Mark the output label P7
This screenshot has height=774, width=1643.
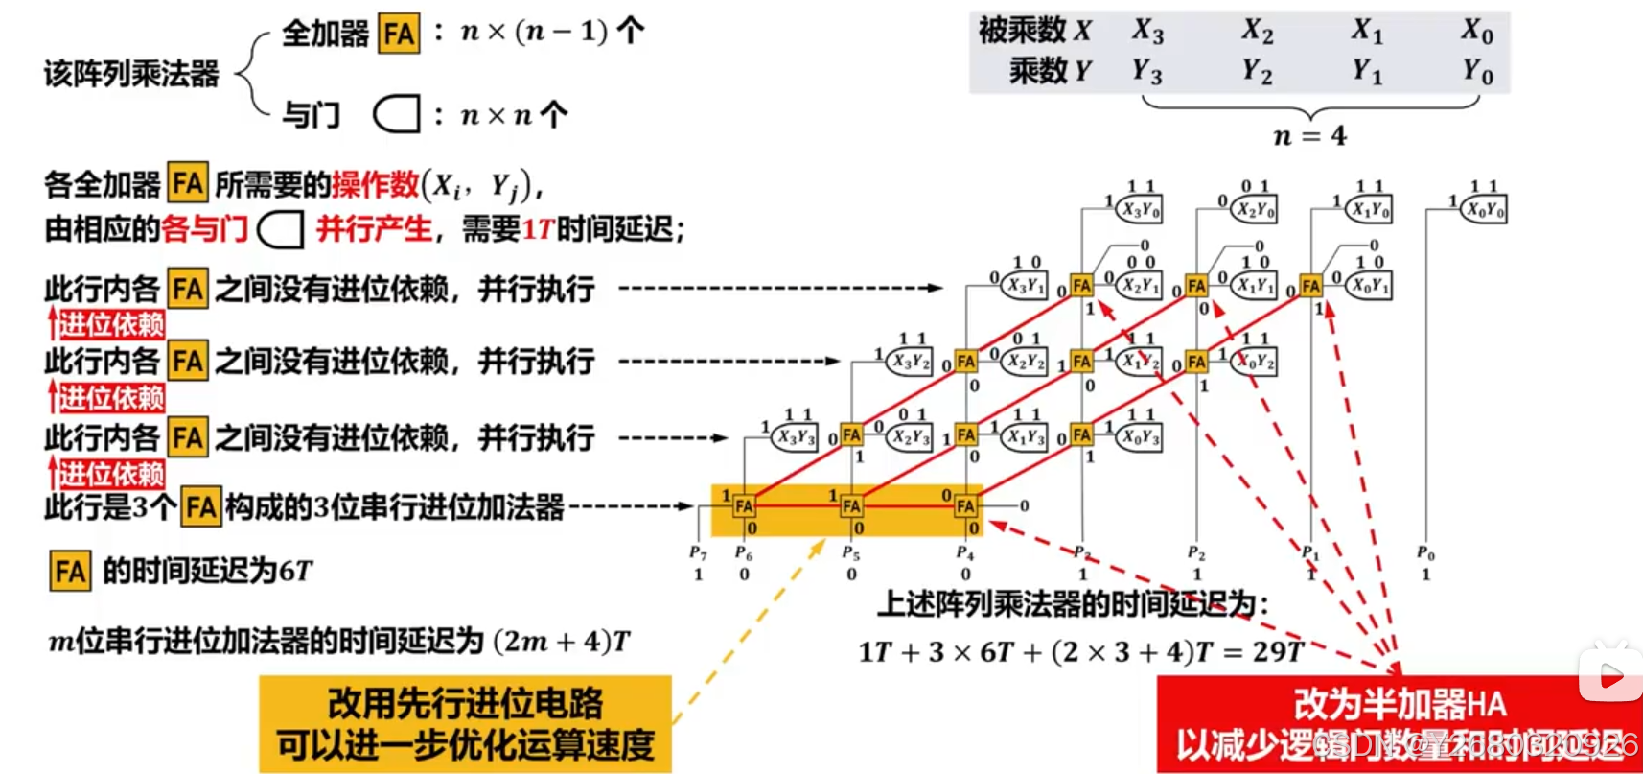click(698, 552)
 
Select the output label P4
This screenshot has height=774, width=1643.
click(965, 553)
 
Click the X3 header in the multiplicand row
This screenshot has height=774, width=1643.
click(1147, 31)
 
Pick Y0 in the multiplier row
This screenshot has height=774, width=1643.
click(1477, 71)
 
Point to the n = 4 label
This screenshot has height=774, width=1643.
click(1309, 136)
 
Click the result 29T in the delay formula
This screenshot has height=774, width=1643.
click(1278, 652)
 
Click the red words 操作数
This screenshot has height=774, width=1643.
click(375, 184)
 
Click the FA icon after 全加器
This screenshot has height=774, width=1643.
click(399, 34)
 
